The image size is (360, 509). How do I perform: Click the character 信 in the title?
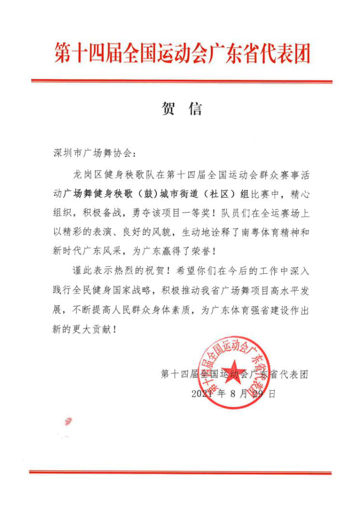(195, 109)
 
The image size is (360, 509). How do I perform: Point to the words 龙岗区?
(88, 174)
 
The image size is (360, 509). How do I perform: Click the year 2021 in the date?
(202, 394)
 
